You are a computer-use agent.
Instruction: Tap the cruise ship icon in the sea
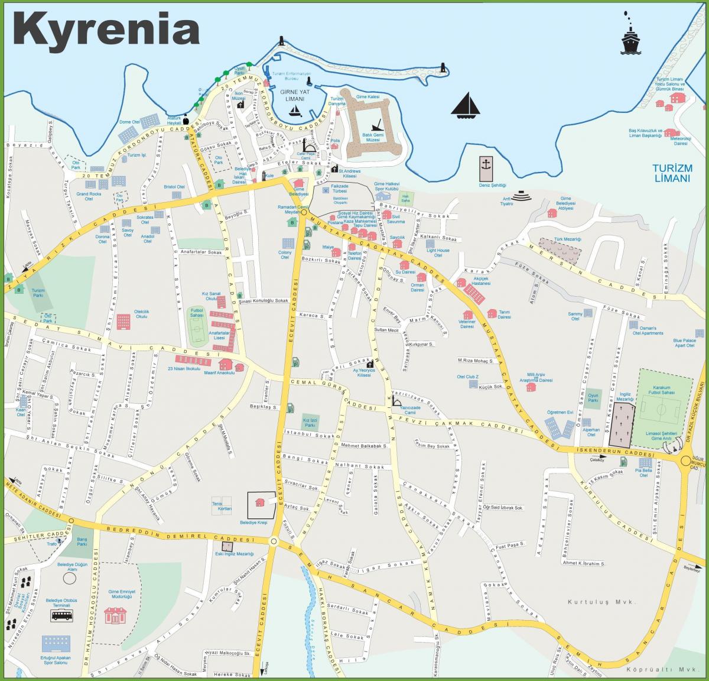(630, 39)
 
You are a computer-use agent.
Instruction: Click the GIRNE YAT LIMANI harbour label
(294, 96)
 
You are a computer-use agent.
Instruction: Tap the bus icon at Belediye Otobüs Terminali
(61, 616)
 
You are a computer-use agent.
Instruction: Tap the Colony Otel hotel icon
(288, 243)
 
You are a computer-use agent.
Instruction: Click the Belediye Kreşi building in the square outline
(259, 502)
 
